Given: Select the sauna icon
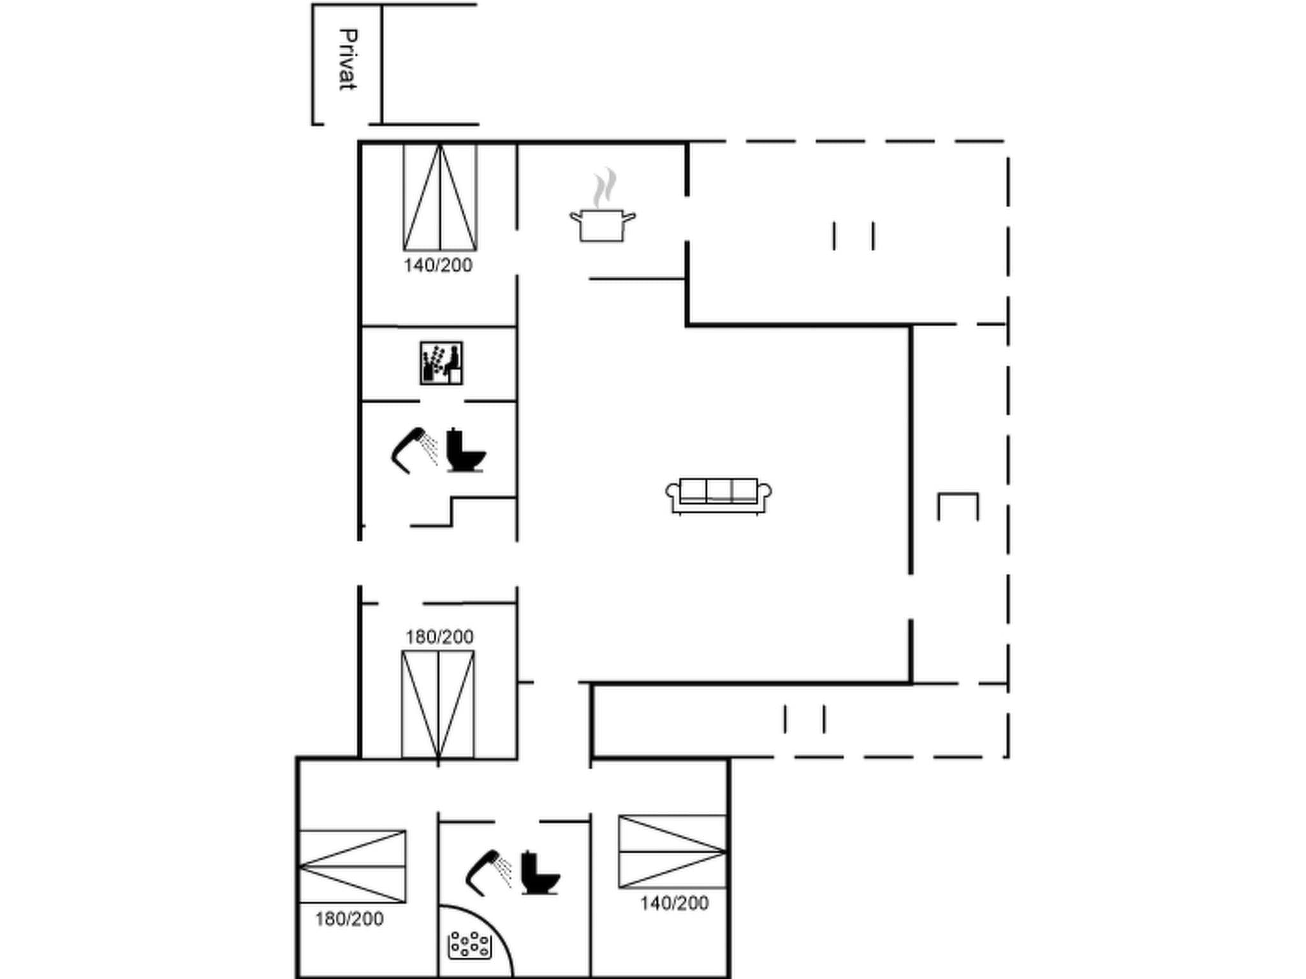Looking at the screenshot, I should click(x=441, y=363).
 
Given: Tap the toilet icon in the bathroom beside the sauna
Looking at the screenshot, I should click(x=465, y=451).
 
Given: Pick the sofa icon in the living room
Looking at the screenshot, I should click(x=718, y=496).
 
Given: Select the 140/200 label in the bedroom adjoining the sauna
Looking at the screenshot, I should click(x=437, y=265).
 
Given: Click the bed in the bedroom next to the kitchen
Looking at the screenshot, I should click(x=440, y=198).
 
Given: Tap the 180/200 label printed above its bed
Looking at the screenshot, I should click(x=439, y=637).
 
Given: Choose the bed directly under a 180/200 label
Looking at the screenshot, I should click(x=438, y=705).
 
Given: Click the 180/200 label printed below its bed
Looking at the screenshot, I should click(x=349, y=918).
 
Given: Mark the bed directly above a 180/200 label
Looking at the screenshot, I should click(x=353, y=866).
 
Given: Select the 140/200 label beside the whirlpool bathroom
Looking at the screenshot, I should click(x=674, y=903).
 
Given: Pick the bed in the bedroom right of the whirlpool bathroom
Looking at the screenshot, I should click(x=672, y=852).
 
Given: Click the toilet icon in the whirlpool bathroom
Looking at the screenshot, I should click(x=539, y=873).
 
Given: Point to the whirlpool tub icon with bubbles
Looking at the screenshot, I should click(x=470, y=945).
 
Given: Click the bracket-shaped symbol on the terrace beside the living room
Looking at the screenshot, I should click(x=957, y=506).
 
